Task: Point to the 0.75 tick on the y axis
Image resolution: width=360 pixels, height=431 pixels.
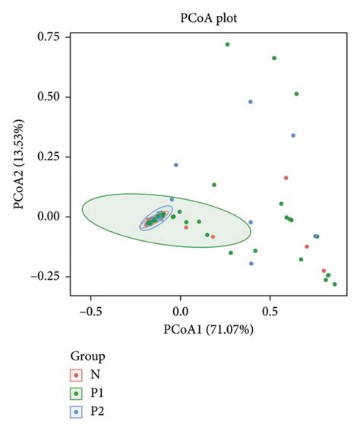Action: (x=49, y=37)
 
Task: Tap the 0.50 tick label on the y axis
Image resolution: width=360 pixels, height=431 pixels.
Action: (x=49, y=97)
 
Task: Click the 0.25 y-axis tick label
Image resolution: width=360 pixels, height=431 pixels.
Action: (x=49, y=157)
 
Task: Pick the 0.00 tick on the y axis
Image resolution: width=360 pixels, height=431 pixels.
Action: (x=49, y=217)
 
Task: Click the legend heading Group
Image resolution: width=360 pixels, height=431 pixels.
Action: (x=87, y=356)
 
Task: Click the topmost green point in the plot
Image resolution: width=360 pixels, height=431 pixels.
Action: (x=227, y=44)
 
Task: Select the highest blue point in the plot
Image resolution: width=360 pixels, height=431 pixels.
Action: (x=250, y=102)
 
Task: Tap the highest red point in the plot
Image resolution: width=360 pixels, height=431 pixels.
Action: (x=286, y=178)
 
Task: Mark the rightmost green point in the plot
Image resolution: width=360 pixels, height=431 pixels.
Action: (x=334, y=284)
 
